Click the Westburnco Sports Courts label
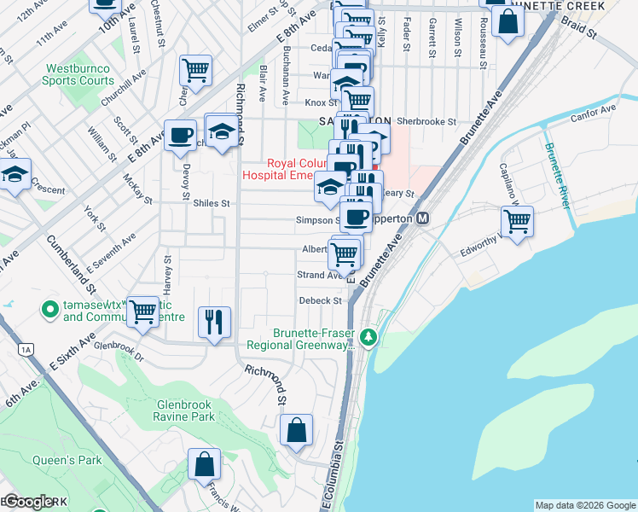tap(79, 74)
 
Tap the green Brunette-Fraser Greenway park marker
tap(368, 338)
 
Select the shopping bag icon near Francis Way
tap(205, 465)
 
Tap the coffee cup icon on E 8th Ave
tap(181, 136)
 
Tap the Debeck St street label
tap(320, 300)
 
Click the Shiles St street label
tap(212, 203)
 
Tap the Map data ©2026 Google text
tap(584, 505)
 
